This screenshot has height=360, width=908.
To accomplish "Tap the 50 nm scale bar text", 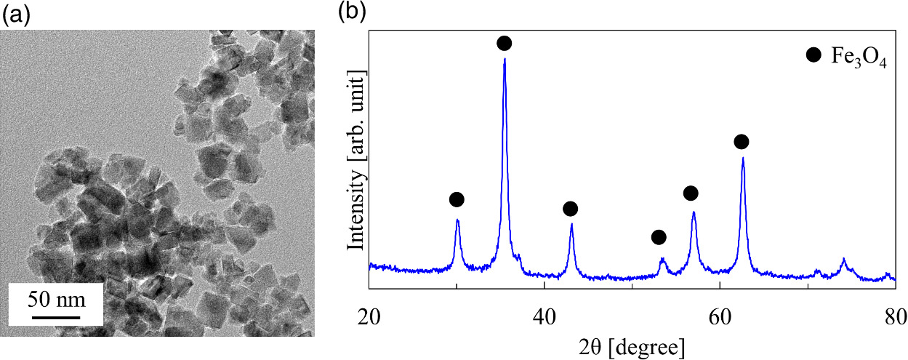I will [x=56, y=298].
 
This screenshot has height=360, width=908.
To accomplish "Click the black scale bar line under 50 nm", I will [x=56, y=316].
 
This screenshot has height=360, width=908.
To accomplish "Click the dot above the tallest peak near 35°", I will [x=504, y=44].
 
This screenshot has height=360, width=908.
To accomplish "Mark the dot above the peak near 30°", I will [x=456, y=199].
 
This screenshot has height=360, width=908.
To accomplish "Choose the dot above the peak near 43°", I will [x=570, y=209].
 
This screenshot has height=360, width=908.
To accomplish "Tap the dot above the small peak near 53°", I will [x=659, y=237].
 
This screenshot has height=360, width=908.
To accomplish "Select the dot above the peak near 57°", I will [x=691, y=193].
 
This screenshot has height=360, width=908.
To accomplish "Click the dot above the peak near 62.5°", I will [x=741, y=141].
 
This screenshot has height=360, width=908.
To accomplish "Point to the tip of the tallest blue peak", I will [x=505, y=59].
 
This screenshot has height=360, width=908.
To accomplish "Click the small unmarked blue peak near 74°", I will [x=843, y=260].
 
